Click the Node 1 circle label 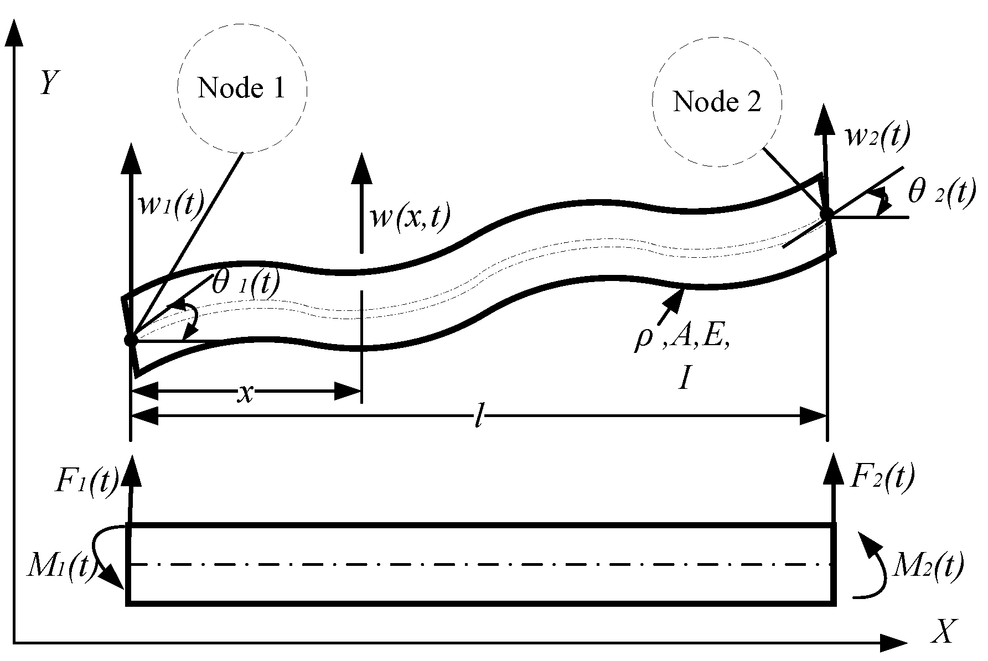242,89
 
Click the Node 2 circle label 717,102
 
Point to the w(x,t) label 410,217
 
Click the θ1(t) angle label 246,283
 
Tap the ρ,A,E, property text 682,342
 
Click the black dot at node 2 826,214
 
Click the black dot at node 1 131,340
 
